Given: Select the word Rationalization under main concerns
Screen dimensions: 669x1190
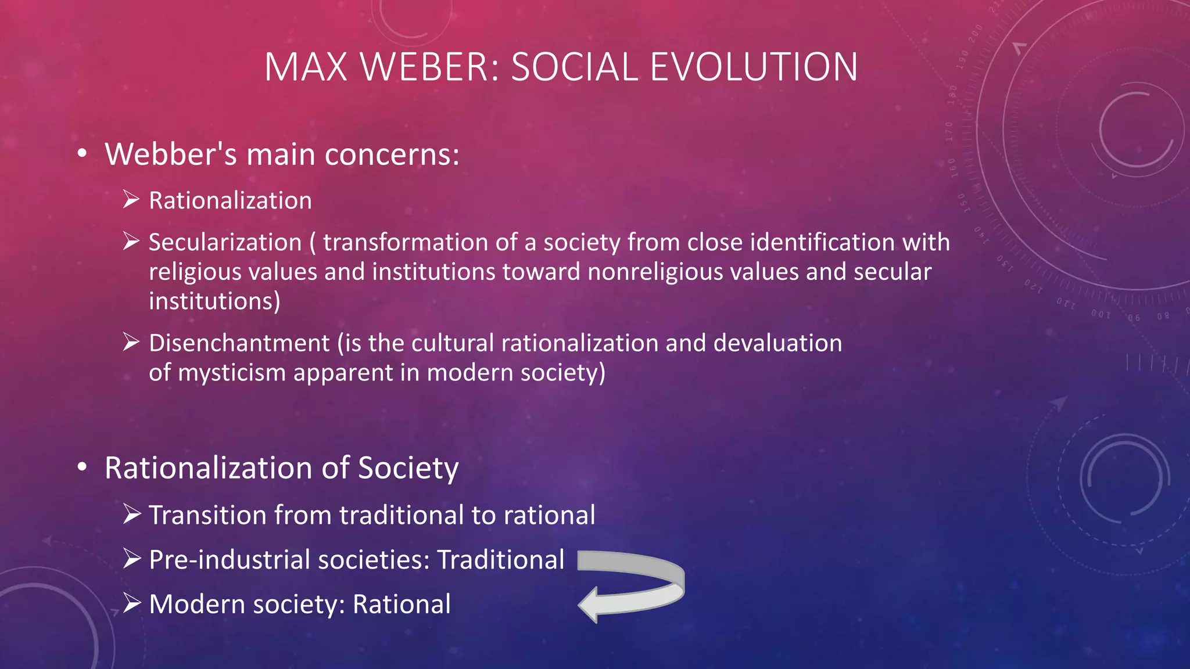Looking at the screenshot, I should (230, 201).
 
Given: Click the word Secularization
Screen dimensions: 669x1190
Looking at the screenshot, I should (225, 243).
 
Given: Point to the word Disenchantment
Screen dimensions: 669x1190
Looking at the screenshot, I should (239, 343).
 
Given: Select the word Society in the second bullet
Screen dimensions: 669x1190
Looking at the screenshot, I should (408, 468).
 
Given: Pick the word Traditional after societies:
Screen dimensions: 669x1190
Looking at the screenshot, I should (501, 560).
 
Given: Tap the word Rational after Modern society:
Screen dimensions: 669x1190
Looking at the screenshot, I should (402, 605).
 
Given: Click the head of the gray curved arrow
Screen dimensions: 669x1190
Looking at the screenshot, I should (590, 605).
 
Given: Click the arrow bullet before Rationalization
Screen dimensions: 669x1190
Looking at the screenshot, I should (131, 200).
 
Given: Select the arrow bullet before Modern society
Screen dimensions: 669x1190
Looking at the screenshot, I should (131, 604).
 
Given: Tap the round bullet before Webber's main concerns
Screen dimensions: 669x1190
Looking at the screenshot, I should (83, 154).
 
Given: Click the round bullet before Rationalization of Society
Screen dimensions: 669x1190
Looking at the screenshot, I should (83, 467).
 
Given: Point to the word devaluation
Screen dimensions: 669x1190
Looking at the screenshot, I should (777, 343).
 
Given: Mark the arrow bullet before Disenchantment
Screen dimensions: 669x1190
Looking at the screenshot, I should (131, 343).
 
